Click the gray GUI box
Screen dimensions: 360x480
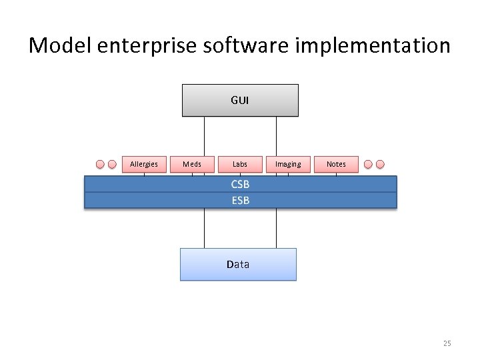pyautogui.click(x=240, y=100)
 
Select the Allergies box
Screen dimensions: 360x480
pyautogui.click(x=144, y=164)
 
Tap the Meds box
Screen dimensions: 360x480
pyautogui.click(x=192, y=164)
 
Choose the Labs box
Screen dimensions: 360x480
pyautogui.click(x=240, y=164)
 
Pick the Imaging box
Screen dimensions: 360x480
pyautogui.click(x=288, y=164)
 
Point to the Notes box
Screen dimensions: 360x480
pyautogui.click(x=336, y=164)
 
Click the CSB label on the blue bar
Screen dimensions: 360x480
pyautogui.click(x=241, y=185)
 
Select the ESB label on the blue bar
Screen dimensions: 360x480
pyautogui.click(x=241, y=200)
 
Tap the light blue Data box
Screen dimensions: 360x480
pyautogui.click(x=238, y=264)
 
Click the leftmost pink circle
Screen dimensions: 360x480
pyautogui.click(x=100, y=164)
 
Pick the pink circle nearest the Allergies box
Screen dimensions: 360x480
pyautogui.click(x=113, y=164)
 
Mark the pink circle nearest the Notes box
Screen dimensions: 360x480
pyautogui.click(x=368, y=164)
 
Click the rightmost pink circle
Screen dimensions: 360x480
pyautogui.click(x=381, y=164)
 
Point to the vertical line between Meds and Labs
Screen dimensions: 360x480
pyautogui.click(x=204, y=137)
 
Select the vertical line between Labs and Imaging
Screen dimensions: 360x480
pyautogui.click(x=276, y=137)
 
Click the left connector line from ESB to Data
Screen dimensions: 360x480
pyautogui.click(x=204, y=228)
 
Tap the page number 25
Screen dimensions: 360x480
pyautogui.click(x=447, y=343)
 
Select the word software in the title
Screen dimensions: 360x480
pyautogui.click(x=238, y=46)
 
